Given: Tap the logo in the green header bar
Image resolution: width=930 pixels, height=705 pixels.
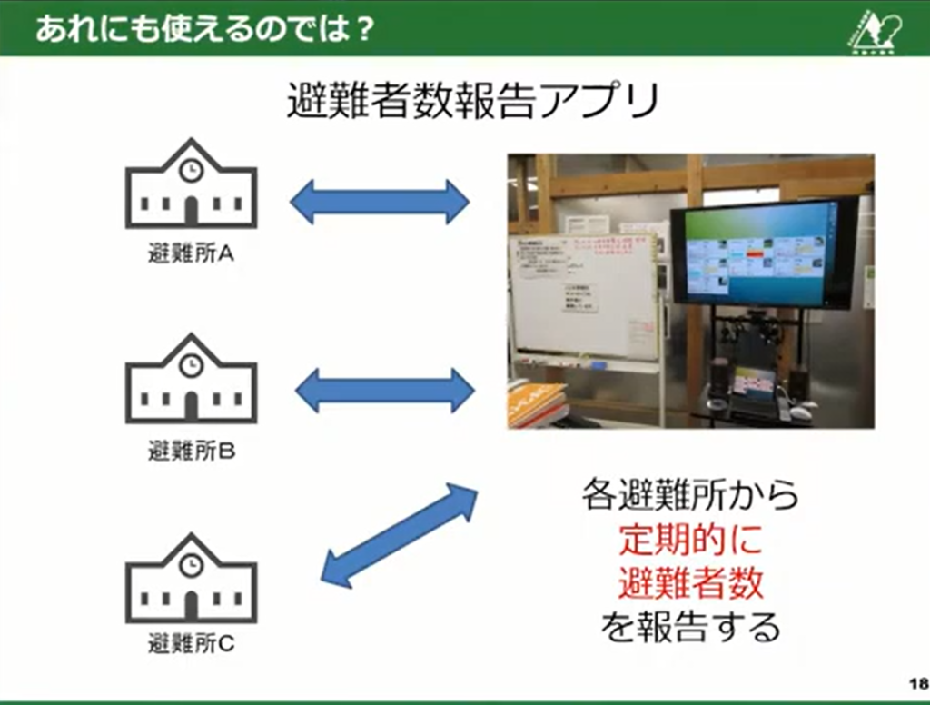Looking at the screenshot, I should point(873,30).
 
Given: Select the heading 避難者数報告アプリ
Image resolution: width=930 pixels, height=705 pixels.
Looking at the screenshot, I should point(472,101).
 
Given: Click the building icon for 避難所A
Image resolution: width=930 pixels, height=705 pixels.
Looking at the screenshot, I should point(191,186).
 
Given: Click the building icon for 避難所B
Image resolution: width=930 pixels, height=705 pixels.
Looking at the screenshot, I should point(191,381).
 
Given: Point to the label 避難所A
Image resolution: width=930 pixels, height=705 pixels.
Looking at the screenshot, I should point(191,254).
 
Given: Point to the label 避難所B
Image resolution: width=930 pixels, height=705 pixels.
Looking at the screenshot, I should point(191,450).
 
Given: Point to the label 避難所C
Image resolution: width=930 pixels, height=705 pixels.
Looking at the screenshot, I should point(191,645).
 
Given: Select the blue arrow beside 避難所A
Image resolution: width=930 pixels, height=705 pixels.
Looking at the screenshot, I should point(380,202).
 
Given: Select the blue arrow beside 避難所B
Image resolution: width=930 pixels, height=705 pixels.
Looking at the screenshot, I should point(384,392).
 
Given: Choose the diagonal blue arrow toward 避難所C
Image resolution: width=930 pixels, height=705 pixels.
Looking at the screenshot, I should point(400,535).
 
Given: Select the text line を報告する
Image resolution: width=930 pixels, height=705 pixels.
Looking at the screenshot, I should point(690,627).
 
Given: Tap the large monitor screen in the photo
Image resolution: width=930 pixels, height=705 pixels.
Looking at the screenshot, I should point(759,253).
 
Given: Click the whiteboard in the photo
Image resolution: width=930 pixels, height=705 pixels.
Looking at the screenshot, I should point(581,295).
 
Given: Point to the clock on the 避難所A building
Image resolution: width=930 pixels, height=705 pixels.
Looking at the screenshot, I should point(191,170).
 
